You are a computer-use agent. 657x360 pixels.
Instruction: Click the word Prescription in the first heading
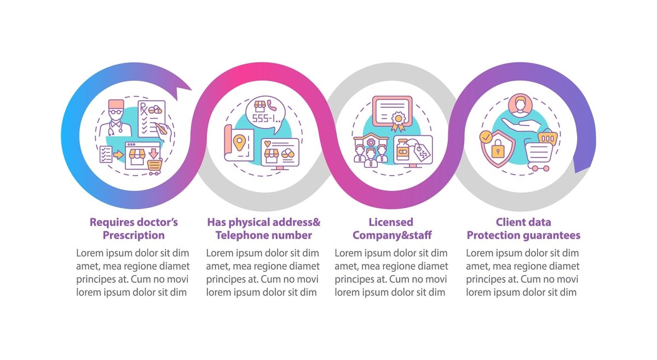tap(134, 236)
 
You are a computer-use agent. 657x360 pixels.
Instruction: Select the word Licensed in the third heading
tap(391, 222)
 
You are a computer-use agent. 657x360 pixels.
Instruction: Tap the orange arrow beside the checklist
tap(119, 155)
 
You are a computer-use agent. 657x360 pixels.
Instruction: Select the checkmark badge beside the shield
tap(485, 136)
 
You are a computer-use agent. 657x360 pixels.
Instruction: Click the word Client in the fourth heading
tap(511, 222)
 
